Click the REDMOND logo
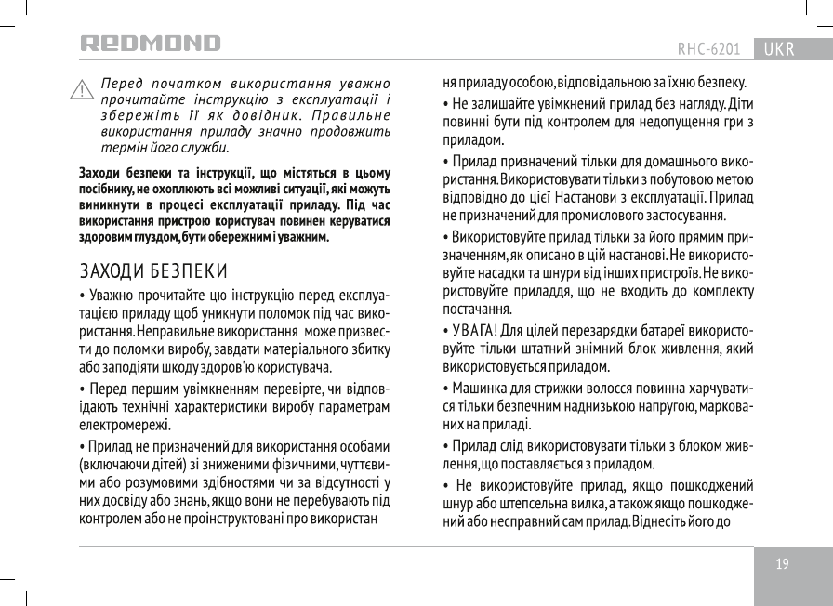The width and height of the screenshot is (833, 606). pyautogui.click(x=150, y=45)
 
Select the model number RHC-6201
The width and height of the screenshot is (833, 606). pyautogui.click(x=708, y=48)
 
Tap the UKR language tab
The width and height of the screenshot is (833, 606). pyautogui.click(x=778, y=48)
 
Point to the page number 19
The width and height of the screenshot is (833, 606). pyautogui.click(x=783, y=564)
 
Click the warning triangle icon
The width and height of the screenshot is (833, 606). pyautogui.click(x=83, y=90)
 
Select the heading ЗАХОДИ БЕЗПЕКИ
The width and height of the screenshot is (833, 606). pyautogui.click(x=153, y=271)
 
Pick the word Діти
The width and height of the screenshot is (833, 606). pyautogui.click(x=740, y=101)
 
